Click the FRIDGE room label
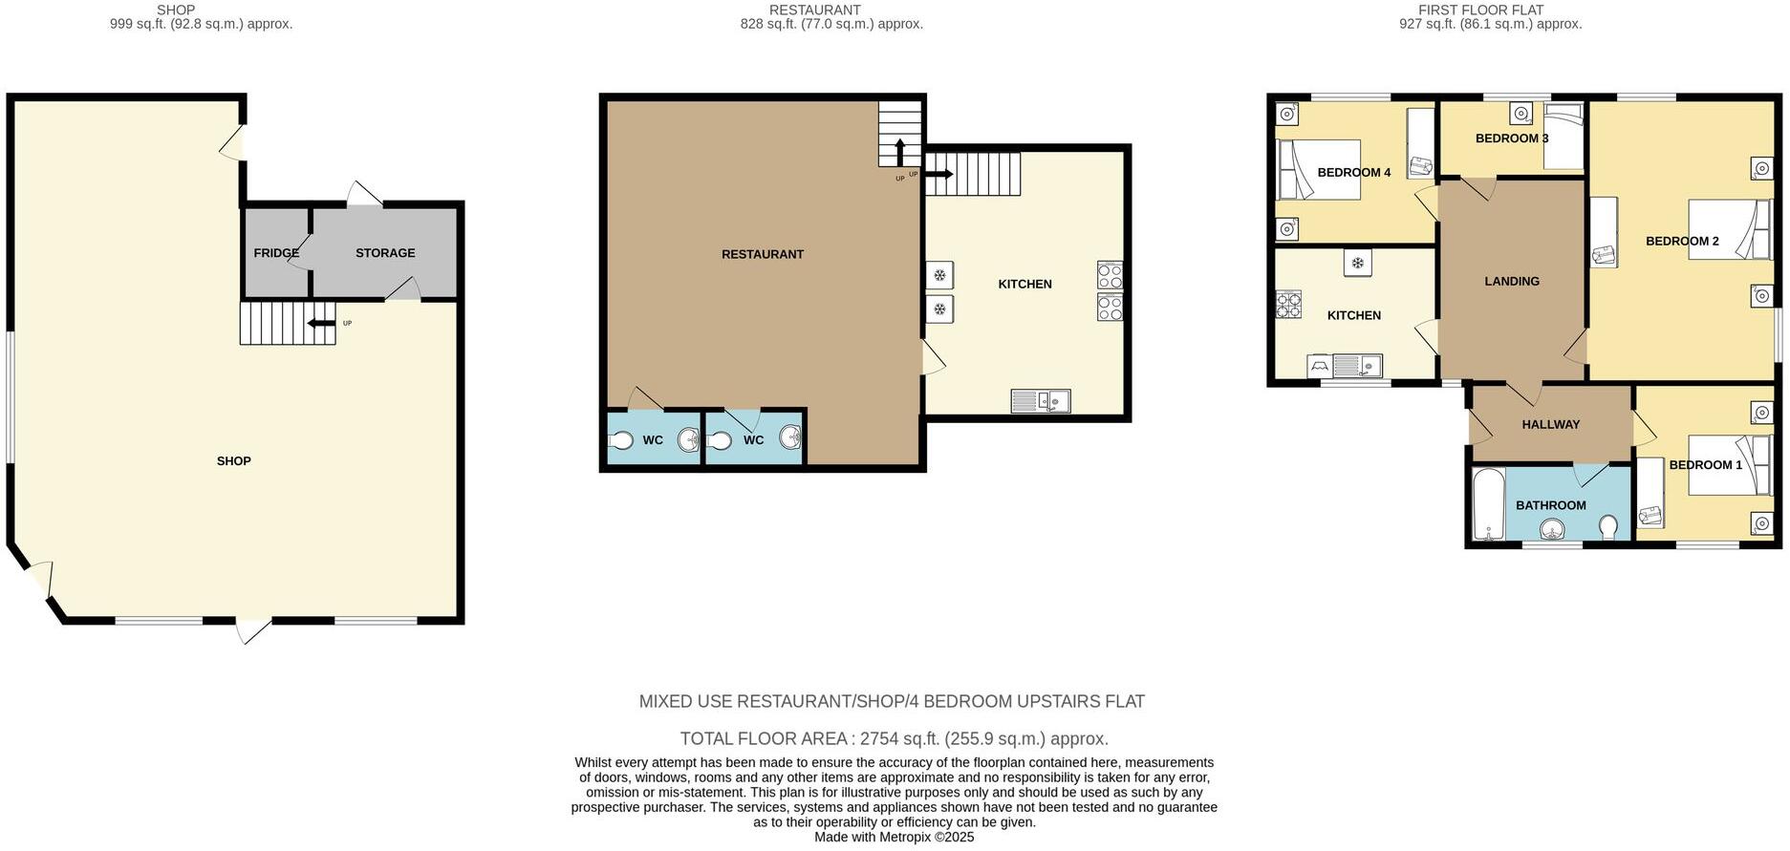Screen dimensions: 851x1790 coord(276,253)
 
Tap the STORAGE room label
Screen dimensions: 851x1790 coord(385,253)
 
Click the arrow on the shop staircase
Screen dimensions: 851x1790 coord(321,323)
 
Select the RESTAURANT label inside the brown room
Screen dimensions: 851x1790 coord(762,254)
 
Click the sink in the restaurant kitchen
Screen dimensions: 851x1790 coord(1040,401)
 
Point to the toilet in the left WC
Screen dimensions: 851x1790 coord(620,440)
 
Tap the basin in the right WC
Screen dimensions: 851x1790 coord(789,437)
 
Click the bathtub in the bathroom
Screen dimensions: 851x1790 coord(1488,504)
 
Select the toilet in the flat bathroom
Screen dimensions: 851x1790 coord(1608,527)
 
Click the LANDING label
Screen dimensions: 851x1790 coord(1511,282)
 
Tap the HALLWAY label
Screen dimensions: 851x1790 coord(1550,424)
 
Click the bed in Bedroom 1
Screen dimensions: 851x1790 coord(1728,465)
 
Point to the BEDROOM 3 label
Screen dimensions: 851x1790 coord(1511,138)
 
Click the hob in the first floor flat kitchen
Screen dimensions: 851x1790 coord(1287,305)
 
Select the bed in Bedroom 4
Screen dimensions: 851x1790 coord(1319,169)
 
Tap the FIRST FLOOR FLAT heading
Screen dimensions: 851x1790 coord(1480,11)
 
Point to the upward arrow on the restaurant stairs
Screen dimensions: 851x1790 coord(899,153)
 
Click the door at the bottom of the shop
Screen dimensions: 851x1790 coord(253,629)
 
